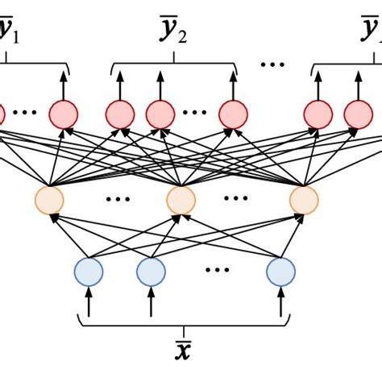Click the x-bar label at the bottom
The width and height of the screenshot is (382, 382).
pyautogui.click(x=185, y=352)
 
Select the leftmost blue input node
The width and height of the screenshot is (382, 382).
pyautogui.click(x=89, y=272)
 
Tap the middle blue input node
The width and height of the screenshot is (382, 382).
pyautogui.click(x=151, y=272)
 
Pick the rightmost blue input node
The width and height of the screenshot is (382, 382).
pyautogui.click(x=282, y=272)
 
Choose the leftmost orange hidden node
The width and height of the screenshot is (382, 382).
pyautogui.click(x=50, y=198)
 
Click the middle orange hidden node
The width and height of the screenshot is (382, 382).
pyautogui.click(x=181, y=198)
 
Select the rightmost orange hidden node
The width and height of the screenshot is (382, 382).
pyautogui.click(x=304, y=198)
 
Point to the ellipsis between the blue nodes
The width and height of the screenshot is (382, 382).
pyautogui.click(x=216, y=272)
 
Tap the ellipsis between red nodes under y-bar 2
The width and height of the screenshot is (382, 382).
pyautogui.click(x=196, y=114)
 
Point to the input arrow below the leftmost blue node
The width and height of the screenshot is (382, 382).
pyautogui.click(x=89, y=304)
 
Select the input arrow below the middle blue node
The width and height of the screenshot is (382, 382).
pyautogui.click(x=151, y=304)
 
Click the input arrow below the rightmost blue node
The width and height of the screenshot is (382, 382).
pyautogui.click(x=282, y=304)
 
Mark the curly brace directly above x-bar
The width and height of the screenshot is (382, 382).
pyautogui.click(x=185, y=324)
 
